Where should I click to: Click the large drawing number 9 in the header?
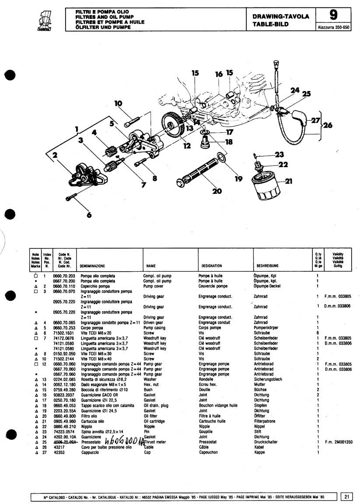333,16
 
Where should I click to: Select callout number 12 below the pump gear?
188,146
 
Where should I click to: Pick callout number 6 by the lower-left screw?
89,214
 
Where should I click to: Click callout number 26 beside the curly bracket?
328,125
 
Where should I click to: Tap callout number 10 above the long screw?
119,104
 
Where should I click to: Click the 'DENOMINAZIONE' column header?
92,266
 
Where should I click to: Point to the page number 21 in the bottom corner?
346,496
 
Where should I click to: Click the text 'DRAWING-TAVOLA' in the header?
281,17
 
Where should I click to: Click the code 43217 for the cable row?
59,447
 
